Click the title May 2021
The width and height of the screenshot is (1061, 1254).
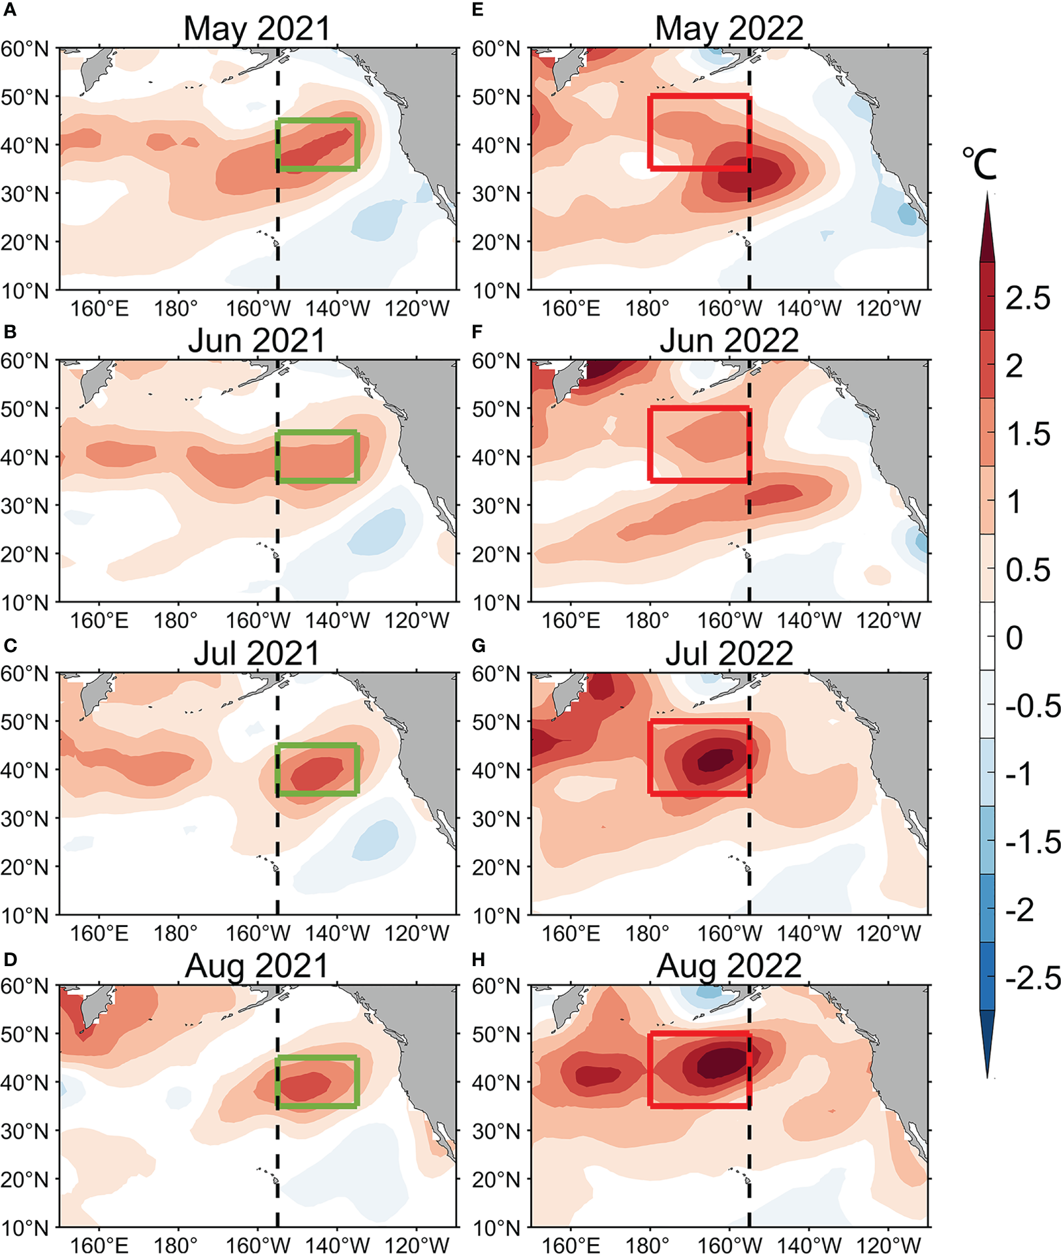click(x=257, y=28)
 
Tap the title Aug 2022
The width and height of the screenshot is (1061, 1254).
click(x=729, y=965)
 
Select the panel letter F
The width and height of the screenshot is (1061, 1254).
click(x=477, y=332)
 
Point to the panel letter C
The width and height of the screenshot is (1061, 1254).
click(x=10, y=645)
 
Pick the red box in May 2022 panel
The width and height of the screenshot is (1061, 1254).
click(x=699, y=97)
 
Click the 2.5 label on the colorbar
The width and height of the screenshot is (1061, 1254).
click(x=1028, y=298)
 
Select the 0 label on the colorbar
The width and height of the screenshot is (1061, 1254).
click(x=1014, y=637)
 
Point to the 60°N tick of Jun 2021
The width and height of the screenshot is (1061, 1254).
click(x=25, y=361)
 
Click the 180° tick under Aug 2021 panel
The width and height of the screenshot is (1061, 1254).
click(x=175, y=1244)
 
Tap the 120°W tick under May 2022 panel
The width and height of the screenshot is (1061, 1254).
click(x=888, y=307)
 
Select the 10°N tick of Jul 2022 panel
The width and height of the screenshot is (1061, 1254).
click(x=496, y=915)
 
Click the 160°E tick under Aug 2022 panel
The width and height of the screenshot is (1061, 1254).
click(x=571, y=1244)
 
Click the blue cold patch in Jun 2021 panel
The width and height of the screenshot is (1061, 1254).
click(x=377, y=530)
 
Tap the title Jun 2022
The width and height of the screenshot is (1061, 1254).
click(x=729, y=340)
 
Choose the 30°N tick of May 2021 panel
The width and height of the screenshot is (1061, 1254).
click(x=25, y=194)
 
